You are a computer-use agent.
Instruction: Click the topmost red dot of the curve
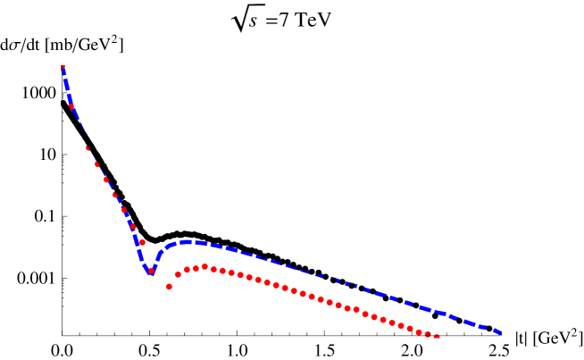63,67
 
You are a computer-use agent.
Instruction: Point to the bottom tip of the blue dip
151,273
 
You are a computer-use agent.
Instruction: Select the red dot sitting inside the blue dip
151,272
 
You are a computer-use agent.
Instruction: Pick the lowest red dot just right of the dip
169,287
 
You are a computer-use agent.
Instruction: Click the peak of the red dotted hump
204,266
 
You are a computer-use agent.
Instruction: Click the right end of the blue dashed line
501,333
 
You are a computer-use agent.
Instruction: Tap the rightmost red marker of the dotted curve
437,337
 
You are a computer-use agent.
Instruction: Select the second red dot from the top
71,106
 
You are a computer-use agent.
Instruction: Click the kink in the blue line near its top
71,106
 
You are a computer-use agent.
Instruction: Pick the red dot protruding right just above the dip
142,242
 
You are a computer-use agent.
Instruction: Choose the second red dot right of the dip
178,275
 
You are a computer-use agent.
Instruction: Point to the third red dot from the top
88,147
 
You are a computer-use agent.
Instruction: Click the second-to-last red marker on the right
428,334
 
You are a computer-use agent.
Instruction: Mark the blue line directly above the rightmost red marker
437,313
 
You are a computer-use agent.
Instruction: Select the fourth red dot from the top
96,163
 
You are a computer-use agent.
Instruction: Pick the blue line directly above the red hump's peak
204,243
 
